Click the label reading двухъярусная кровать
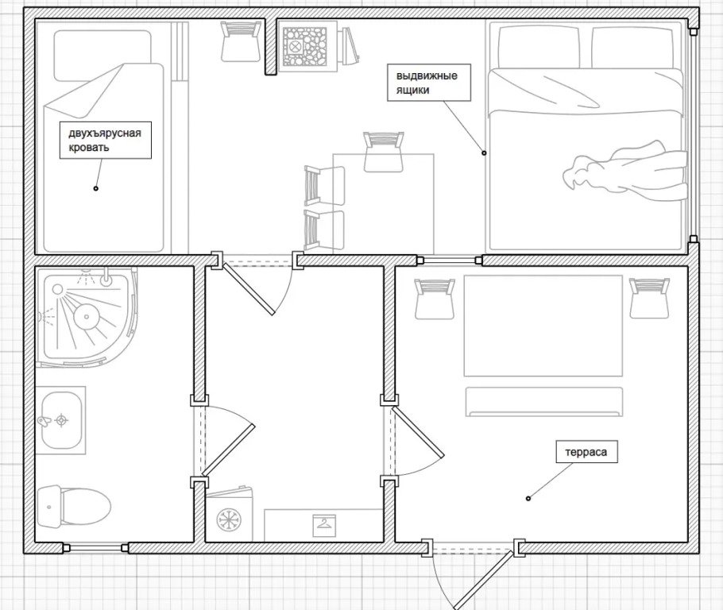(105, 140)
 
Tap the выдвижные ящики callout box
(428, 83)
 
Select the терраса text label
(586, 452)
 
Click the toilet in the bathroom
(74, 507)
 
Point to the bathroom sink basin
(61, 420)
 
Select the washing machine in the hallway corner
(229, 515)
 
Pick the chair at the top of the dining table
(384, 152)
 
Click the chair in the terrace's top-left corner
(435, 299)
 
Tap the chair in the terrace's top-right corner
(650, 297)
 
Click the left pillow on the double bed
(539, 48)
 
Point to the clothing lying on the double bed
(624, 171)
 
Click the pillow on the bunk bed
(102, 55)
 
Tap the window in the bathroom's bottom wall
(96, 548)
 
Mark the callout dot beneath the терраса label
(528, 498)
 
